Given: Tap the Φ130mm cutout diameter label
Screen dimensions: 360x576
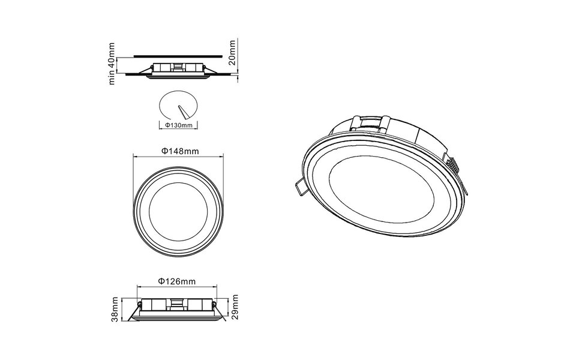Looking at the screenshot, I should click(178, 125).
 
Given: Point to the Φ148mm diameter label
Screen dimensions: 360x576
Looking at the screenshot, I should click(179, 151).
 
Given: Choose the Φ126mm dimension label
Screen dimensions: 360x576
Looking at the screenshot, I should click(176, 281).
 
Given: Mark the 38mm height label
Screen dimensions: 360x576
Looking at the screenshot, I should click(114, 310).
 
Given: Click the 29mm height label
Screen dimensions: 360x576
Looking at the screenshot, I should click(235, 307).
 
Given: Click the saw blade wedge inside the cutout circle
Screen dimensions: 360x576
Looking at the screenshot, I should click(184, 112).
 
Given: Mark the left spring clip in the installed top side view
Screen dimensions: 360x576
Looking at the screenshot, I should click(144, 71).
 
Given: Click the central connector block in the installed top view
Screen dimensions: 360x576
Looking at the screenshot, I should click(178, 67).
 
